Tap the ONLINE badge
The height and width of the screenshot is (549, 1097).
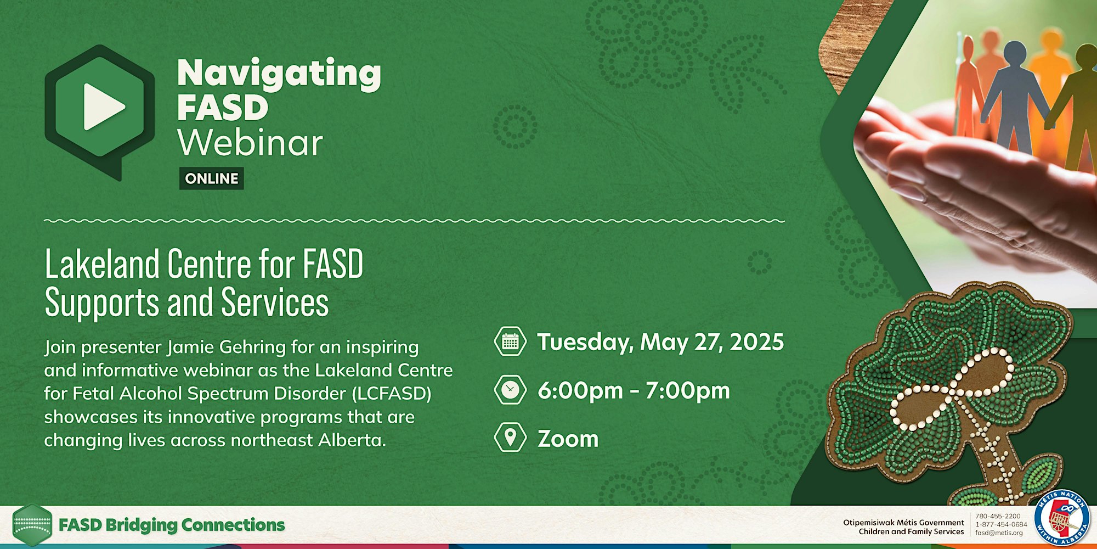[212, 178]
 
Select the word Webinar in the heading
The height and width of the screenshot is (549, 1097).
[250, 143]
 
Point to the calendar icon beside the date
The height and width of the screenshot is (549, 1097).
[510, 341]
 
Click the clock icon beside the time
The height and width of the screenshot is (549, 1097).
[510, 390]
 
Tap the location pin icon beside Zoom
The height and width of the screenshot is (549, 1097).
[510, 438]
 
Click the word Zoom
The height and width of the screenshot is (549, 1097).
[568, 439]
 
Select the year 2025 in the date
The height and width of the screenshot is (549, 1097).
[757, 341]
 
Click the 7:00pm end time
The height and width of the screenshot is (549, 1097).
[688, 390]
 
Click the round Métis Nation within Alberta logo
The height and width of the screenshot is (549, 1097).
[1061, 518]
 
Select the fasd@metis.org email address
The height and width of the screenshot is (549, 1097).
[999, 533]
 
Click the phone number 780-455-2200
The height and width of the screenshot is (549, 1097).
[998, 516]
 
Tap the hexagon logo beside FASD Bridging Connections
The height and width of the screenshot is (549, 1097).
[32, 525]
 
